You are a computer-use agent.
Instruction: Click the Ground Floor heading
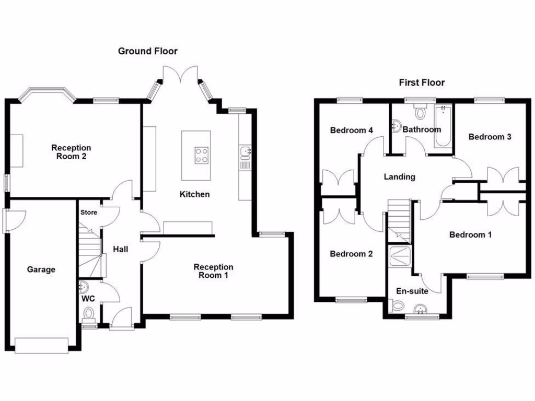(x=147, y=51)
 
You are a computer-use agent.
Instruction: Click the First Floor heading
(x=422, y=82)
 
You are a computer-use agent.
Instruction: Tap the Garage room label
(x=41, y=270)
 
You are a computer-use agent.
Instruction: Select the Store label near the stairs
(x=89, y=213)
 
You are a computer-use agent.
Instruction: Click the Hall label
(x=121, y=250)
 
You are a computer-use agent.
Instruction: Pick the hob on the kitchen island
(x=203, y=155)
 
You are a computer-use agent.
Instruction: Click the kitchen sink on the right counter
(x=246, y=152)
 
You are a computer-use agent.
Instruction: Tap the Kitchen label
(x=194, y=194)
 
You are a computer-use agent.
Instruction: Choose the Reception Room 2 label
(x=71, y=152)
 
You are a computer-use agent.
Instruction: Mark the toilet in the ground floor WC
(x=89, y=314)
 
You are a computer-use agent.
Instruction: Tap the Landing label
(x=399, y=177)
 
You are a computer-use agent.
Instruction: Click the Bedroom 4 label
(x=351, y=130)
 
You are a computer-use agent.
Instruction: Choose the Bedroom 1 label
(x=470, y=235)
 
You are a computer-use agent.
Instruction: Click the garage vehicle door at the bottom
(x=41, y=345)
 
